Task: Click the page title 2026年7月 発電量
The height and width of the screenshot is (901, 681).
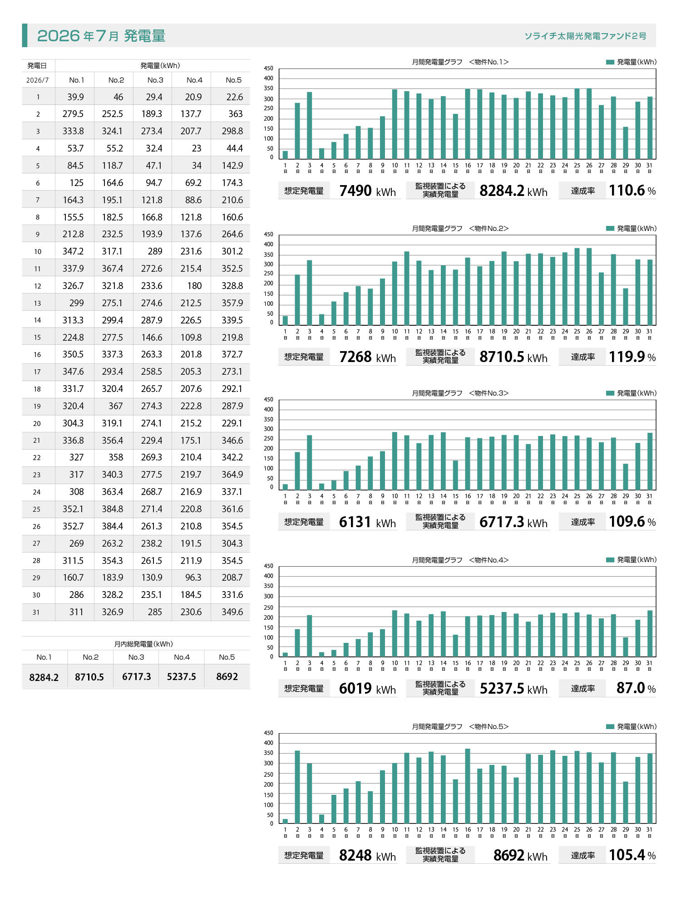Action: click(101, 35)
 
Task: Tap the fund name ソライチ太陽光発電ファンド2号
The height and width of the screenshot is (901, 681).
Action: click(585, 36)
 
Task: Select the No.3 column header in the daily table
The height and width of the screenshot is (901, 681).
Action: click(155, 80)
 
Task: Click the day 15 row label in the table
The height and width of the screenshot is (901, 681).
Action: click(37, 338)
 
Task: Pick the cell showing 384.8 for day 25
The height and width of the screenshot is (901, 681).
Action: click(112, 509)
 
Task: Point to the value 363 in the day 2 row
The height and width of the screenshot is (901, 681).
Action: click(235, 114)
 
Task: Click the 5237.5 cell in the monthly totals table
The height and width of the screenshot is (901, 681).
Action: click(181, 677)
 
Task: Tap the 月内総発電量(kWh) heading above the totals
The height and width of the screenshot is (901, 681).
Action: click(143, 644)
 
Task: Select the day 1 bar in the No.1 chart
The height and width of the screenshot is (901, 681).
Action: click(285, 155)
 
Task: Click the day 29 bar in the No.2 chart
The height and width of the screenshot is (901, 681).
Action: click(625, 307)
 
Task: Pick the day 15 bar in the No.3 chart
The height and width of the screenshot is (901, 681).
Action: click(455, 475)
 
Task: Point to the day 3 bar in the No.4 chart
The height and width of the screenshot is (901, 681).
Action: click(310, 636)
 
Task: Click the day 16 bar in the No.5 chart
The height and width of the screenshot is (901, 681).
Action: click(468, 786)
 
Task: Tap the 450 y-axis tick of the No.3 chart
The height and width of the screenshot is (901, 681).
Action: click(269, 400)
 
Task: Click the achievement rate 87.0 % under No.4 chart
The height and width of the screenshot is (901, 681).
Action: click(636, 688)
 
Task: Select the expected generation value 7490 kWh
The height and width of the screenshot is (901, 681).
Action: click(368, 191)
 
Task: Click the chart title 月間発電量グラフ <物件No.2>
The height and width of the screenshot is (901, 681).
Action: click(460, 229)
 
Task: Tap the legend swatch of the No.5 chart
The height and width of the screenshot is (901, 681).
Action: click(610, 726)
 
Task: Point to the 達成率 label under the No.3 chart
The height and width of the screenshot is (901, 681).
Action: click(583, 522)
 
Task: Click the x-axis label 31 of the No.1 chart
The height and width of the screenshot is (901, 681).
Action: click(649, 166)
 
